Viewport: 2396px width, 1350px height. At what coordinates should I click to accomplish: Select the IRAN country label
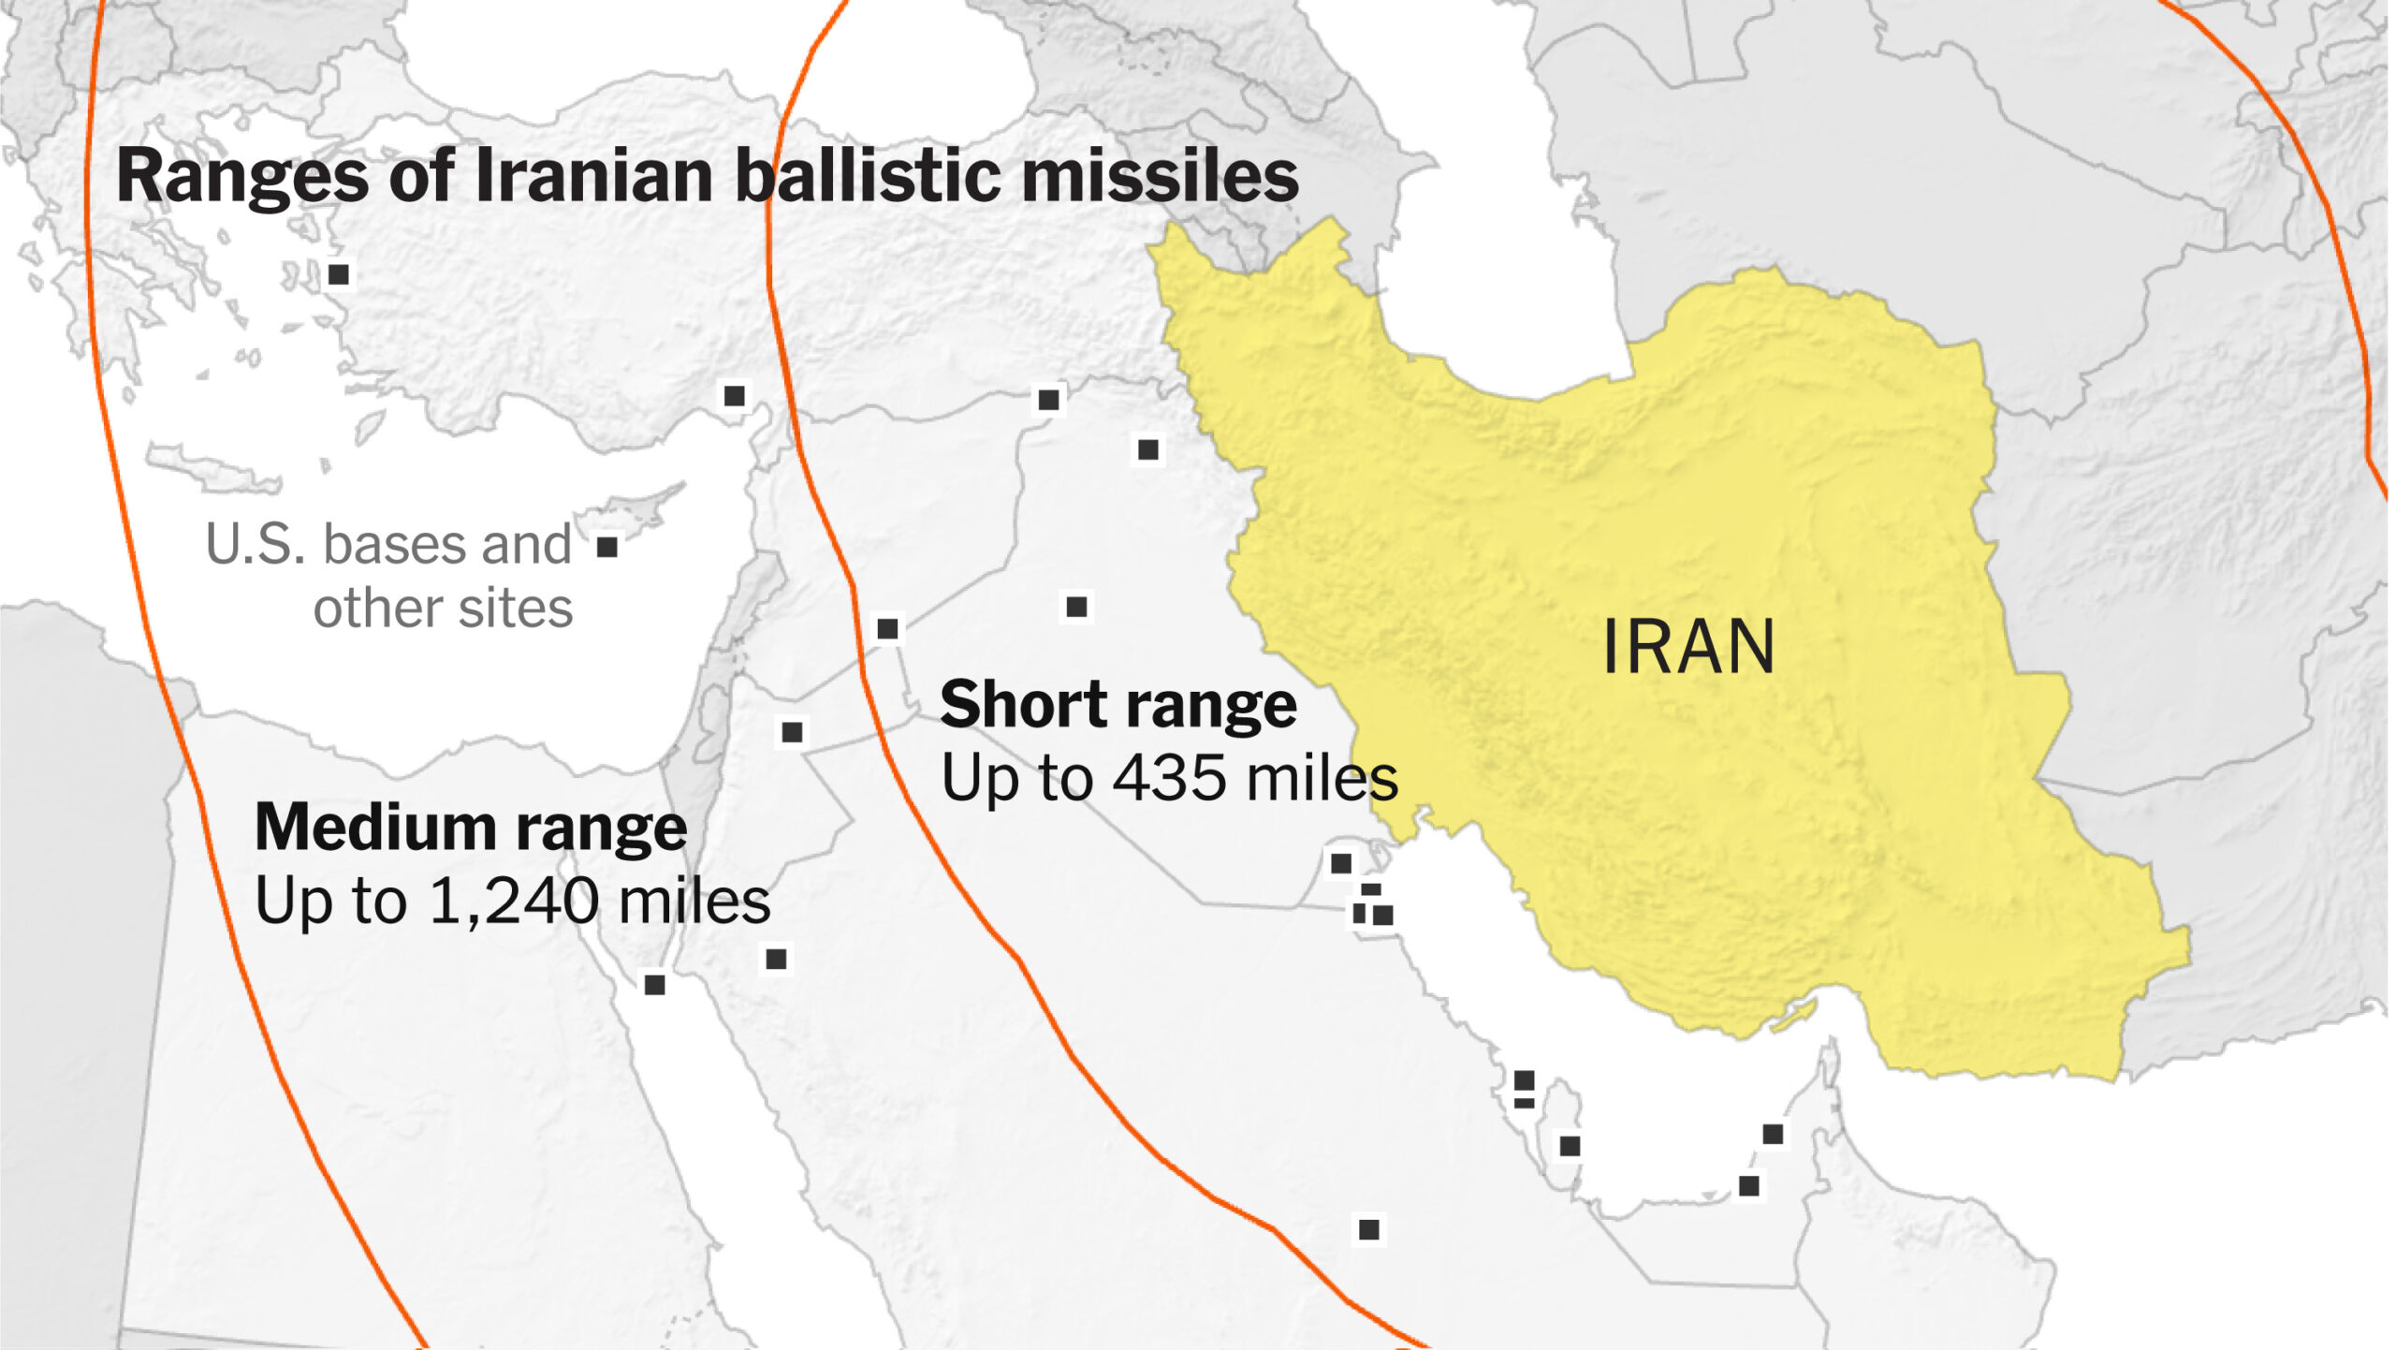pos(1688,647)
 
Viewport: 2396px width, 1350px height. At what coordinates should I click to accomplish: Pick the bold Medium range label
pos(471,829)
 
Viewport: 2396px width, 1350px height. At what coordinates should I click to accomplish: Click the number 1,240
pos(514,901)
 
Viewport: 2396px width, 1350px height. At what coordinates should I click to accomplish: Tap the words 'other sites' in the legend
pos(443,609)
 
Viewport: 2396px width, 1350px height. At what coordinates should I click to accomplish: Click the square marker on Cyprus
pos(607,547)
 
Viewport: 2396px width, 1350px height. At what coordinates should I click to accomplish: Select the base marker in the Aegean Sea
pos(339,274)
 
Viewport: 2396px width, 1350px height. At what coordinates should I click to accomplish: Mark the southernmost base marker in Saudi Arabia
pos(1368,1229)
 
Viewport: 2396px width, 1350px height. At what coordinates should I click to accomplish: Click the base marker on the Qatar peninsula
pos(1570,1146)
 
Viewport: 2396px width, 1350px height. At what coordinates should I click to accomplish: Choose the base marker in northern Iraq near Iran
pos(1148,450)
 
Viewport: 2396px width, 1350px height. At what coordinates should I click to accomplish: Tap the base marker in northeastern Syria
pos(1048,401)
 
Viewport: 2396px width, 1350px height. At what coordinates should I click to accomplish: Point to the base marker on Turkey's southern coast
pos(735,396)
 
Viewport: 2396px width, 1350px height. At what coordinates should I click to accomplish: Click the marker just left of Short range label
pos(887,628)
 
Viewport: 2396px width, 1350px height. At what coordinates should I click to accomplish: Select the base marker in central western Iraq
pos(1076,607)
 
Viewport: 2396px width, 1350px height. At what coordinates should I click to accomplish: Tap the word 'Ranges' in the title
pos(241,178)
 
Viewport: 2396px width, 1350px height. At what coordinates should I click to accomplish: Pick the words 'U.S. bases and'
pos(387,545)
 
